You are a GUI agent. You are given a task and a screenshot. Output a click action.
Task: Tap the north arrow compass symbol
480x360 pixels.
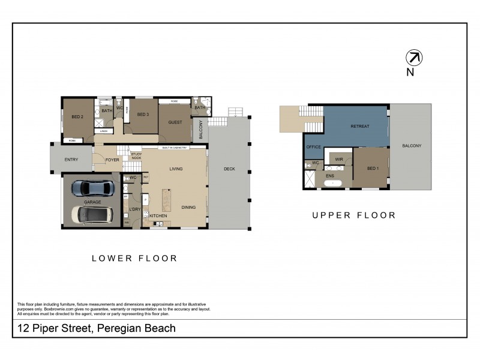[x=414, y=58]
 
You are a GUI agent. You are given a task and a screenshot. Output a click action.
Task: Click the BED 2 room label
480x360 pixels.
[x=77, y=116]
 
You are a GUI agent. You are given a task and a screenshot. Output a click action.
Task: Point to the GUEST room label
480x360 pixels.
[x=175, y=122]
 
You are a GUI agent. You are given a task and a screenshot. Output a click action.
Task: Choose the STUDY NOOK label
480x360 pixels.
[x=136, y=157]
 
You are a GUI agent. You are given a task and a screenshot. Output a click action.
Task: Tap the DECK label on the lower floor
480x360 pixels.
[x=229, y=169]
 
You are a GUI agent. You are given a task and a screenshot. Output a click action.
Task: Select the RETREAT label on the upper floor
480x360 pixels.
[x=360, y=127]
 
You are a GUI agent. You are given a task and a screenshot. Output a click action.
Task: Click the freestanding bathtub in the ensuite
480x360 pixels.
[x=334, y=182]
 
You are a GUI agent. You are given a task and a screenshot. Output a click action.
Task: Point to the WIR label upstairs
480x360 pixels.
[x=339, y=160]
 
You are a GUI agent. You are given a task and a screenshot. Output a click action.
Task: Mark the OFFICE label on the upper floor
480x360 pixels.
[x=314, y=147]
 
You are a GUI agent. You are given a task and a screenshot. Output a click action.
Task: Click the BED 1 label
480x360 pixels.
[x=373, y=169]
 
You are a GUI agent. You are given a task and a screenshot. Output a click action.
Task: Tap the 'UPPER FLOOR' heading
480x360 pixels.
[x=353, y=215]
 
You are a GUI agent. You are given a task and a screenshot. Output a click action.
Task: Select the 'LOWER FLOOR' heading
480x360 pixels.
[x=134, y=259]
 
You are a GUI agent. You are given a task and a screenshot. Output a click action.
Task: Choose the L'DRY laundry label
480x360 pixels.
[x=134, y=209]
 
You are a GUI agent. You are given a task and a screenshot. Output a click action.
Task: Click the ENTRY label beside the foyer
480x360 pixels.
[x=71, y=160]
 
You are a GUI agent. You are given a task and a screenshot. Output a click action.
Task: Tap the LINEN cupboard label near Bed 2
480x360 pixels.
[x=103, y=130]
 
